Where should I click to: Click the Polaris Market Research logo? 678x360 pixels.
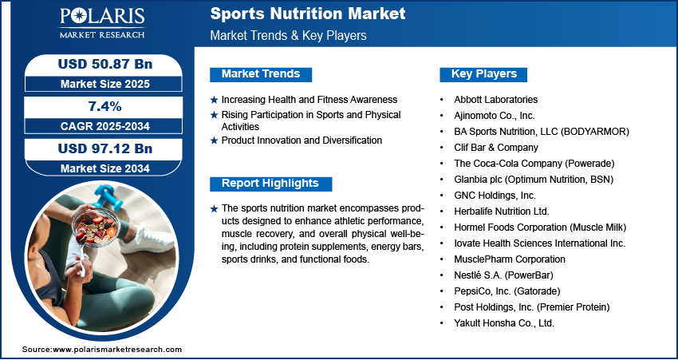pos(102,22)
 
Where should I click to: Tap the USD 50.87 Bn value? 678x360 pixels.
pos(105,64)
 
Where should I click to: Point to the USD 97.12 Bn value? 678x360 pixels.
pos(105,148)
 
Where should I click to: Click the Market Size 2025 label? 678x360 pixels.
pos(105,84)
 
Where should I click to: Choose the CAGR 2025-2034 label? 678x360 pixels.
pos(105,126)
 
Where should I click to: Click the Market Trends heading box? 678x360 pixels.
pos(261,74)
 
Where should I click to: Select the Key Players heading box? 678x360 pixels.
pos(483,74)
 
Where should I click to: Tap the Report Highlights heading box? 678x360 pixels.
pos(270,184)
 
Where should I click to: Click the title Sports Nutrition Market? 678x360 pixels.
pos(308,14)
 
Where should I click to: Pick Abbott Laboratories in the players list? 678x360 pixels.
pos(495,100)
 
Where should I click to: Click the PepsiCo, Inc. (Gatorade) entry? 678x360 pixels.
pos(507,291)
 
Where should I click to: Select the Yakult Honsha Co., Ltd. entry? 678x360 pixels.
pos(504,323)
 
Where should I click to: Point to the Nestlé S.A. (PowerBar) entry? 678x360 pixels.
pos(503,275)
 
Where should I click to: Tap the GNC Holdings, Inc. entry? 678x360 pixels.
pos(495,196)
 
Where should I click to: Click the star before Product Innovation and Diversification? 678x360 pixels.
pos(214,140)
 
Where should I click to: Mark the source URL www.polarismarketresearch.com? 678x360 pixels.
pos(117,350)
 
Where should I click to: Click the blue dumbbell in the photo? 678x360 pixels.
pos(104,196)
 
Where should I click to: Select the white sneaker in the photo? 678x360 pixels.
pos(146,239)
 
